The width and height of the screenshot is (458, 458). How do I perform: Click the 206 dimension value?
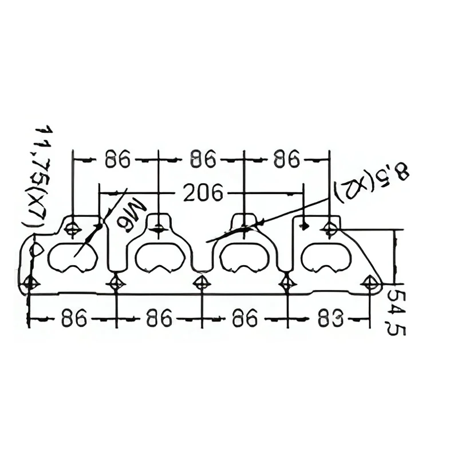203,192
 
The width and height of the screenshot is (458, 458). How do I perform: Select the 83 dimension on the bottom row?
330,318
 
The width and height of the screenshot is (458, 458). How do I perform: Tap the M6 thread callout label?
132,215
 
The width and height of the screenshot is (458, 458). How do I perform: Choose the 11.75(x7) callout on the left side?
38,178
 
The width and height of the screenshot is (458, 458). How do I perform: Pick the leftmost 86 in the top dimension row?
117,159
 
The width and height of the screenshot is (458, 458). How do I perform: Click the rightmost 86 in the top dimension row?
287,159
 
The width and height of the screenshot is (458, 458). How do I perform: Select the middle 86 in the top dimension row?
203,159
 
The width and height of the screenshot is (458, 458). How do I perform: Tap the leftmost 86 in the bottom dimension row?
74,318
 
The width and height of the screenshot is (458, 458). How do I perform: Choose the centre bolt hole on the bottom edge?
202,283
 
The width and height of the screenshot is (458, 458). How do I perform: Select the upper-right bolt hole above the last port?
330,228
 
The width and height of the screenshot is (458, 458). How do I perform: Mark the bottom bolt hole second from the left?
116,283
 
